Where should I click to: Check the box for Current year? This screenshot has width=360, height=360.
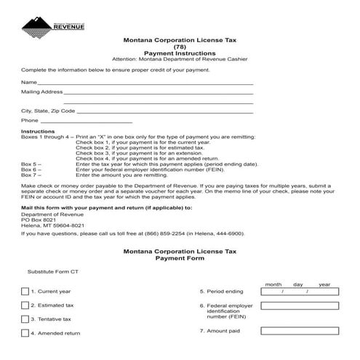[25, 292]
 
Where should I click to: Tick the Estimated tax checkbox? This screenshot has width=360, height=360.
[25, 305]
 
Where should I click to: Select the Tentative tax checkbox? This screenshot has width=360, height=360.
[25, 319]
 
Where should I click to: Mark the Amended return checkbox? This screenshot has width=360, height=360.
[25, 333]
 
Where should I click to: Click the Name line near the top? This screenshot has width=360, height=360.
[145, 84]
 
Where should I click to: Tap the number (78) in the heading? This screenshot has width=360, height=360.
[180, 47]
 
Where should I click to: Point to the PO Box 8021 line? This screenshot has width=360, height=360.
[38, 220]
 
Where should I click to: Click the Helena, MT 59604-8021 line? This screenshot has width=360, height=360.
[49, 225]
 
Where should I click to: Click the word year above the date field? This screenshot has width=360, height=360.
[324, 284]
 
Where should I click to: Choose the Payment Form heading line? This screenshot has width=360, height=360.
[180, 257]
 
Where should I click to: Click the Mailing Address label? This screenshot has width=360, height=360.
[41, 93]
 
